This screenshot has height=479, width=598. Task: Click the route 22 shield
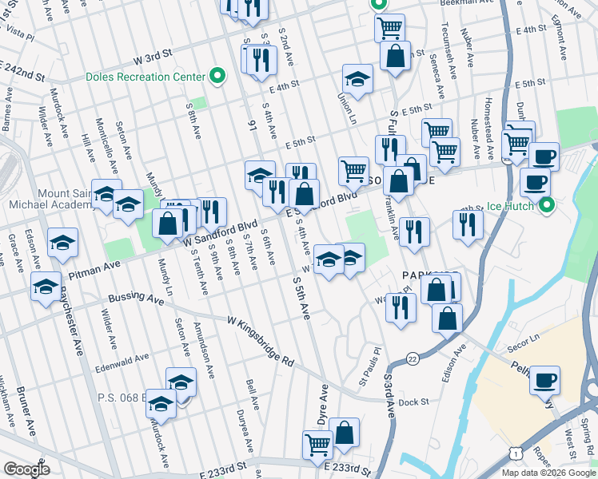[412, 358]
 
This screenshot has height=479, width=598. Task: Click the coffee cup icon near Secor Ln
[545, 380]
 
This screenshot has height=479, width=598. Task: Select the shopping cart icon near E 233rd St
[318, 444]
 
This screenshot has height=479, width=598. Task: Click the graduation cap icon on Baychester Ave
[46, 286]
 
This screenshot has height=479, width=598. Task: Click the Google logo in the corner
[26, 469]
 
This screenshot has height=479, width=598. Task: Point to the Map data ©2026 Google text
[548, 473]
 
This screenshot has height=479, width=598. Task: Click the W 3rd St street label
[153, 60]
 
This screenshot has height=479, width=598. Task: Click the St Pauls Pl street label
[375, 362]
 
